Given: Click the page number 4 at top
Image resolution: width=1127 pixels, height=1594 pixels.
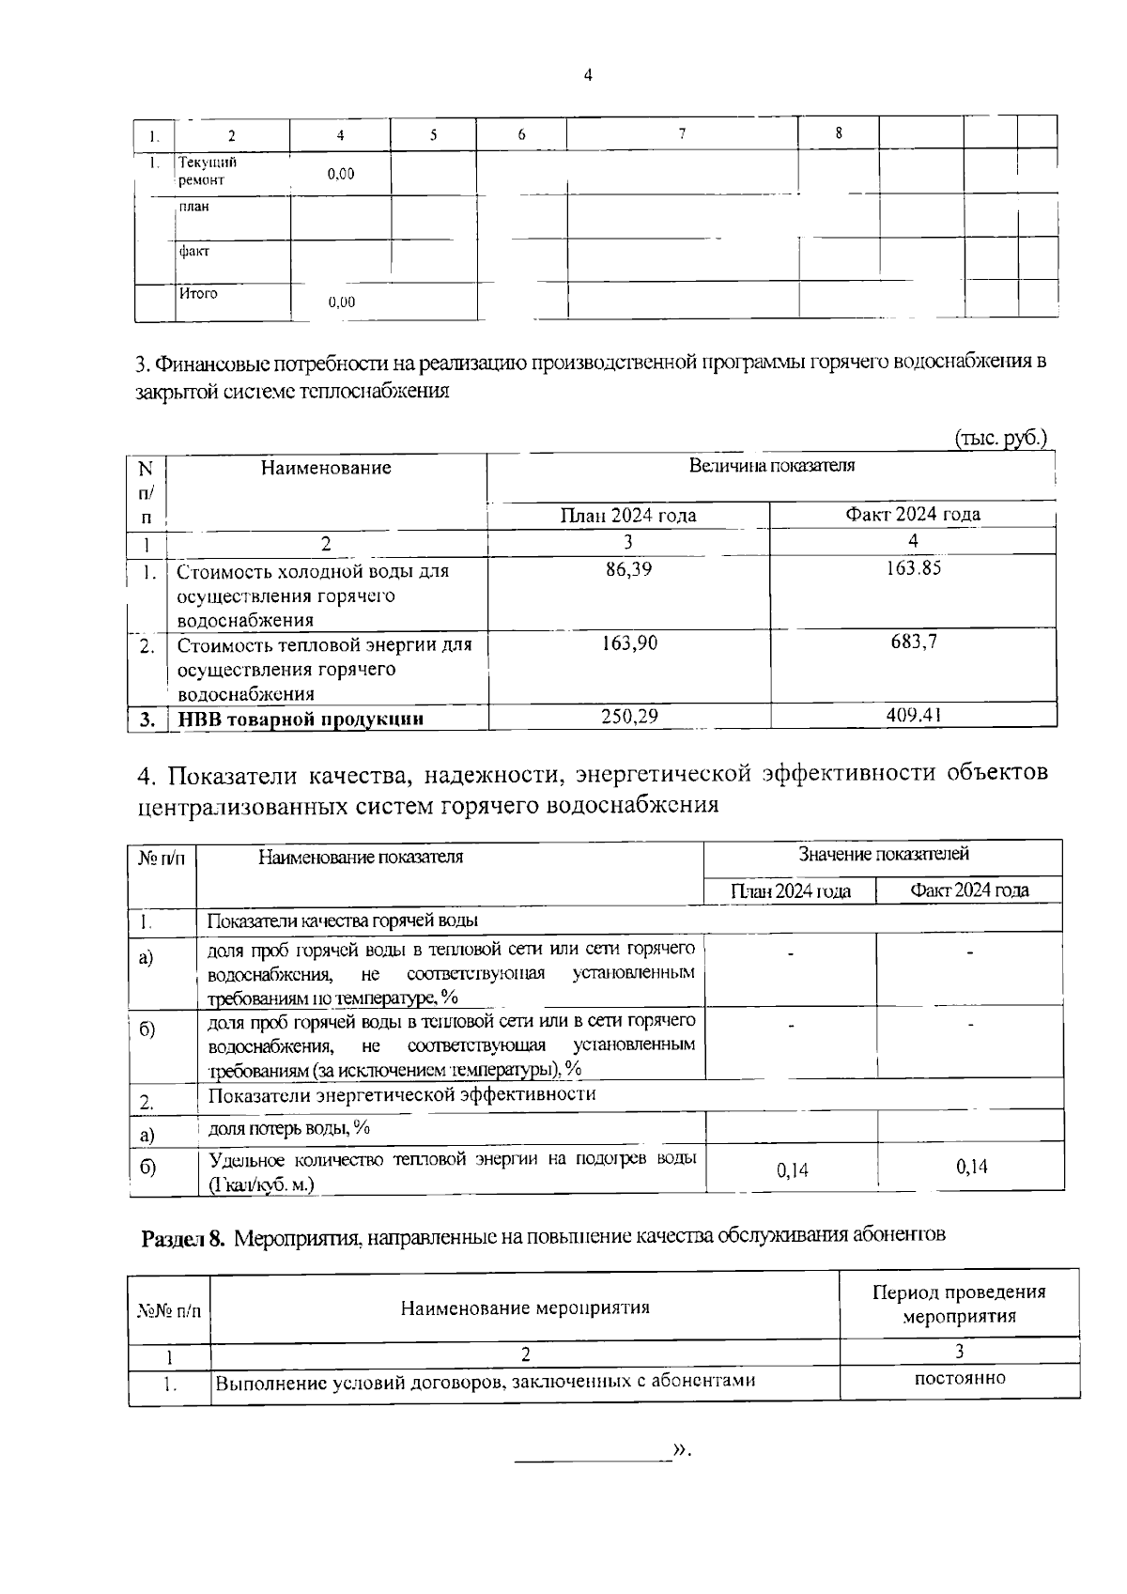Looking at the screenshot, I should [588, 76].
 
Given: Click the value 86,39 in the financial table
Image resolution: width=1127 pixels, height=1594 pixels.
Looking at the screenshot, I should [628, 570].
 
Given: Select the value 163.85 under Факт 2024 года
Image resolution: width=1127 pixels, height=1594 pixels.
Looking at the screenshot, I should [913, 568].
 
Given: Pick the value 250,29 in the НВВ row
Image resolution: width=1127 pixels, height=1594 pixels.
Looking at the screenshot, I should [628, 717].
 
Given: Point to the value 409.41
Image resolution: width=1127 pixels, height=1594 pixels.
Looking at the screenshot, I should [913, 716].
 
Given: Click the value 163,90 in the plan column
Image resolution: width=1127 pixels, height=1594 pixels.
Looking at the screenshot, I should [628, 643].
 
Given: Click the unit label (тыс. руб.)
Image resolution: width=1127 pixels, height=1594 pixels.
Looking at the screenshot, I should [1000, 438].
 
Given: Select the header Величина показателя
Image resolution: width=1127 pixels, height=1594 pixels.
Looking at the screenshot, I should [772, 466].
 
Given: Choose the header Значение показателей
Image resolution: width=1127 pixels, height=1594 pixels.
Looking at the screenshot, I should [883, 854].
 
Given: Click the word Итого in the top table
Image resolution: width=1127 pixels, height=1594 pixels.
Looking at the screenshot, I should [198, 293].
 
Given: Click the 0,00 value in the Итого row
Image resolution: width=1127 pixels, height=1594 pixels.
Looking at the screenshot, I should [341, 302].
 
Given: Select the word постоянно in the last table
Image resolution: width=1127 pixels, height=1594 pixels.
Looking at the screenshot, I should [959, 1379].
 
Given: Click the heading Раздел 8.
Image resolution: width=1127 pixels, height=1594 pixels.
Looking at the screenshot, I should [183, 1238].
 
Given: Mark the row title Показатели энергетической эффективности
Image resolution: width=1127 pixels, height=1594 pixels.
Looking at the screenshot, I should [401, 1094].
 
